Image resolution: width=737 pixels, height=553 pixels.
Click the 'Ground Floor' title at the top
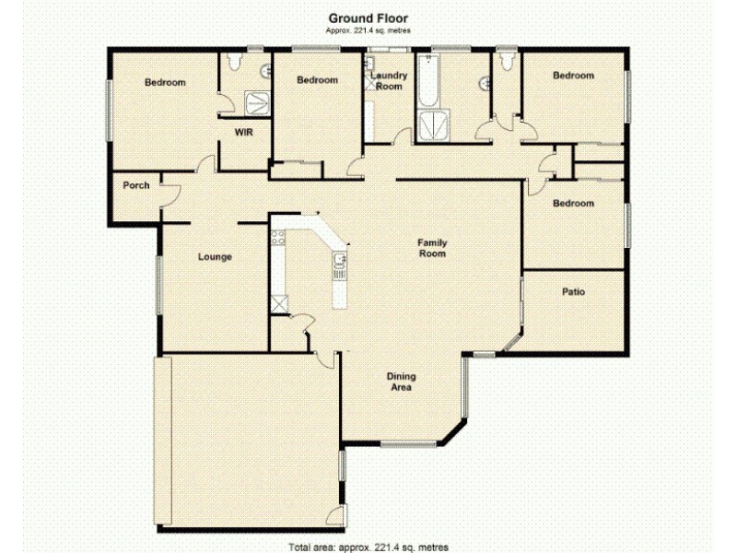(x=368, y=18)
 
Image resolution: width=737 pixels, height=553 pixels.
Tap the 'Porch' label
(x=136, y=185)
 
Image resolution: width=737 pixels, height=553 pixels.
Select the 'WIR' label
(x=243, y=133)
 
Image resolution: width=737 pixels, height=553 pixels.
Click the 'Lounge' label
(x=215, y=257)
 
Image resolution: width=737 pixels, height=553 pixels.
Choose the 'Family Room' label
(x=432, y=247)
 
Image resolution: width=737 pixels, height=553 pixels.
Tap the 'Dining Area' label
(x=400, y=382)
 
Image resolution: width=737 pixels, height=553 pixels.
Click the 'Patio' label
(x=573, y=292)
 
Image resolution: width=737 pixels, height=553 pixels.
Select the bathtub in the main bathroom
(x=427, y=83)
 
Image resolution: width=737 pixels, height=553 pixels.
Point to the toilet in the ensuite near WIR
(x=232, y=63)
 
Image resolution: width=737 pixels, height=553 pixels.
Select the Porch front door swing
(x=169, y=192)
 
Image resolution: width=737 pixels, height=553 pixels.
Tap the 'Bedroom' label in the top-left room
(x=165, y=83)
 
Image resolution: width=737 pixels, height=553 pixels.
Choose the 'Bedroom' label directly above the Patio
(x=573, y=204)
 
